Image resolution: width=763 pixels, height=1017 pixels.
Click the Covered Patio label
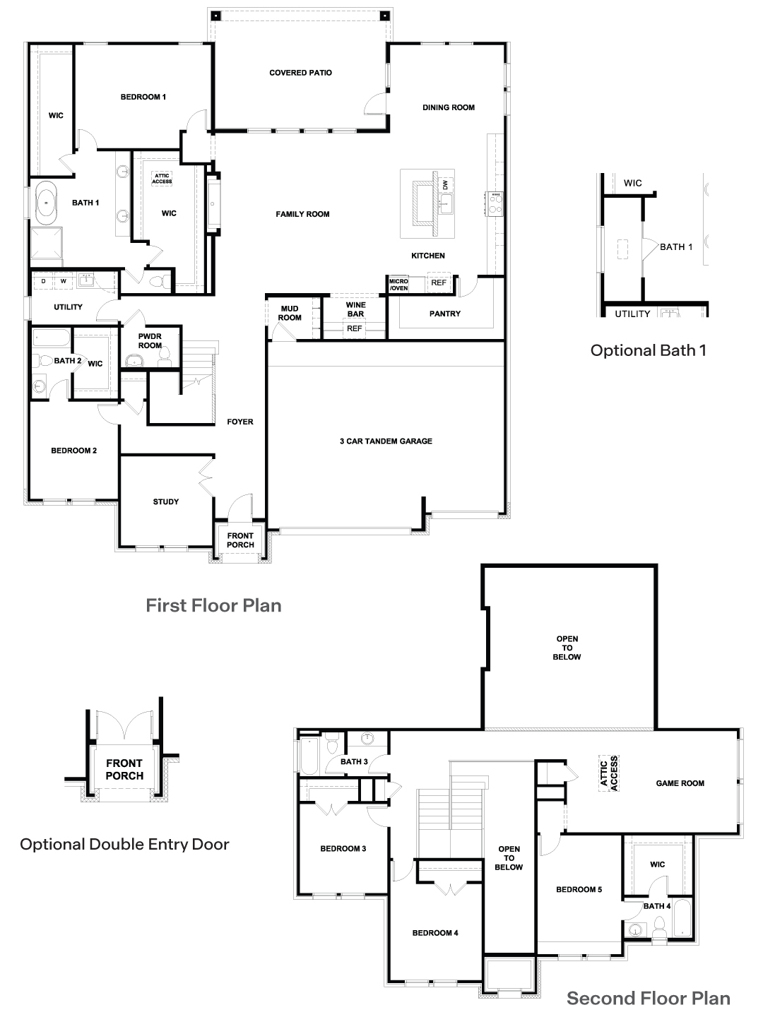tap(300, 73)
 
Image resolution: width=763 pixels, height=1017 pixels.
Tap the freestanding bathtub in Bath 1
tap(47, 203)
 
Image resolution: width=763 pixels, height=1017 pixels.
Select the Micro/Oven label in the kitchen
tap(398, 285)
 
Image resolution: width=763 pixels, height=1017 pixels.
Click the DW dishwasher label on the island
tap(445, 185)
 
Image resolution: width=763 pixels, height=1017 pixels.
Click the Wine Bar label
tap(355, 309)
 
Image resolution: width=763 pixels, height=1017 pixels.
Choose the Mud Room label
tap(290, 313)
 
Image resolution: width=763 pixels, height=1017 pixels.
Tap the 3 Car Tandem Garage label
tap(386, 441)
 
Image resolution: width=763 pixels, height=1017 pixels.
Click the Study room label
tap(166, 501)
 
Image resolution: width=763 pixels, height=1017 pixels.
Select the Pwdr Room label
tap(150, 341)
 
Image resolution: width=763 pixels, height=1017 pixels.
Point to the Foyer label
tap(240, 422)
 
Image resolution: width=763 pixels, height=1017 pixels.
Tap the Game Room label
tap(680, 783)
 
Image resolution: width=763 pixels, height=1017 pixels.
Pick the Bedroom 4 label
tap(435, 933)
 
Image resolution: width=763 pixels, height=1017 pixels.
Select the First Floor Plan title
tap(213, 605)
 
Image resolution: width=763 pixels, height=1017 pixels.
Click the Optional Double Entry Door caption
tap(124, 844)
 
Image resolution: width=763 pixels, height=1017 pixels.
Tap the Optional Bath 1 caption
tap(648, 350)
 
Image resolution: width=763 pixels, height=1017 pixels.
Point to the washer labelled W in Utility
tap(64, 281)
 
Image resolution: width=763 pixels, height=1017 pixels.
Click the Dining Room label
tap(449, 107)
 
